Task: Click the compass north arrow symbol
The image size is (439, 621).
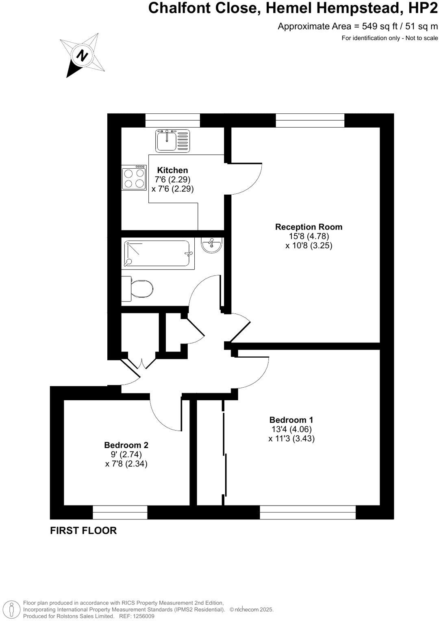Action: click(83, 55)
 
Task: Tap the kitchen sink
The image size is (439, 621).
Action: click(172, 141)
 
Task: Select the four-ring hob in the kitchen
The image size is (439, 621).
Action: click(134, 178)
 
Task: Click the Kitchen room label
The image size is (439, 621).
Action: click(172, 170)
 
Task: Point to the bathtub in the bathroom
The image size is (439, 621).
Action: click(158, 254)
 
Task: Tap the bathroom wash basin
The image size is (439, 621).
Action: click(211, 245)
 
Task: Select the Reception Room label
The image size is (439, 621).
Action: click(309, 227)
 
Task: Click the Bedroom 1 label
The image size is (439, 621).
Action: click(291, 420)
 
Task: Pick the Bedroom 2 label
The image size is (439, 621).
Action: click(126, 445)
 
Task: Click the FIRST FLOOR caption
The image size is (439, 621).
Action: click(83, 530)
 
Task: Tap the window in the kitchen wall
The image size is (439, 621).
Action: click(173, 120)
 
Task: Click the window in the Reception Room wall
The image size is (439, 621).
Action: click(310, 120)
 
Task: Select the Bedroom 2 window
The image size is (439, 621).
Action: click(120, 512)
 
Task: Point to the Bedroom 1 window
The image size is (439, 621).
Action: click(308, 512)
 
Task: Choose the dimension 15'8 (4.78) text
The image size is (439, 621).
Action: click(309, 236)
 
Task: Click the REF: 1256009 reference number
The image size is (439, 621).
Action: click(137, 616)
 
